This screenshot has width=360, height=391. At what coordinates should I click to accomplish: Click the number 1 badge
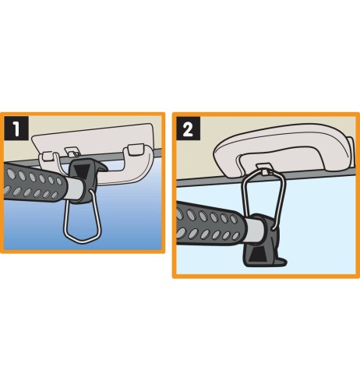16,128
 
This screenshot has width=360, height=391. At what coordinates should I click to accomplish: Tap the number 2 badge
188,129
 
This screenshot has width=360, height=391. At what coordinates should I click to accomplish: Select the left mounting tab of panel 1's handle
48,156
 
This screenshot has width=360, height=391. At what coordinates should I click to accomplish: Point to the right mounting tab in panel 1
136,150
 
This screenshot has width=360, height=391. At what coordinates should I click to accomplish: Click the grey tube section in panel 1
75,188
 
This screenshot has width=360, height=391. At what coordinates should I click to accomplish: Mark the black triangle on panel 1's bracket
82,171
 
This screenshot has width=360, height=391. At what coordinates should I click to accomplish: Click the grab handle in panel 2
283,150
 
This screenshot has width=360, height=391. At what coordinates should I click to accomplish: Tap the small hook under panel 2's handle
264,169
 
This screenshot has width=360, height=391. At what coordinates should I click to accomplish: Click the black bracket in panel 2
263,241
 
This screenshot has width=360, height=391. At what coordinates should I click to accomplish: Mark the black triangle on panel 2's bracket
258,255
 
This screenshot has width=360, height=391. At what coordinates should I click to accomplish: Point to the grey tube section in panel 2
255,231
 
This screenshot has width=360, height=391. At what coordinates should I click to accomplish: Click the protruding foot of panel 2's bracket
282,262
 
